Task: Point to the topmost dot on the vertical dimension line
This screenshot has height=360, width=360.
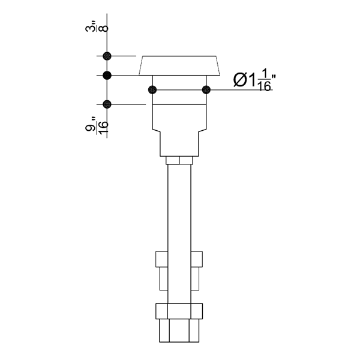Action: click(x=107, y=56)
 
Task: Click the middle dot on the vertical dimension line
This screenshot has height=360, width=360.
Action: click(x=107, y=76)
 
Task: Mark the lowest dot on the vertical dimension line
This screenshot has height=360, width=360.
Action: click(x=107, y=104)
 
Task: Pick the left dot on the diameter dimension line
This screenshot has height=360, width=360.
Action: click(x=152, y=90)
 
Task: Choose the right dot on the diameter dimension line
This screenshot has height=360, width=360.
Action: click(x=206, y=90)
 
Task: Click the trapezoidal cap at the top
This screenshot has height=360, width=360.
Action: click(x=179, y=65)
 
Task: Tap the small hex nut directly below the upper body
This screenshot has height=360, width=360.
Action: click(x=179, y=161)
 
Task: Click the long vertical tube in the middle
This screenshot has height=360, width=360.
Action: click(x=179, y=210)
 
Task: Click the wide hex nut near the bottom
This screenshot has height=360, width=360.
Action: click(x=179, y=311)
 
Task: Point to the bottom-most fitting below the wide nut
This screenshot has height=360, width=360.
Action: click(x=179, y=331)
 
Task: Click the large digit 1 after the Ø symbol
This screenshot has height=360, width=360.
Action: click(x=252, y=79)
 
